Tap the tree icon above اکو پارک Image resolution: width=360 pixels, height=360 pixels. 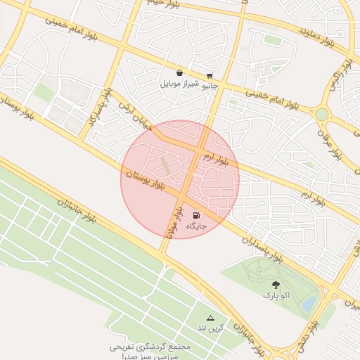(276, 285)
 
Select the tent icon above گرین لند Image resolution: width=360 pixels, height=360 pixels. (210, 319)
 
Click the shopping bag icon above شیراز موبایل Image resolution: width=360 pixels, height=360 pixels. (180, 73)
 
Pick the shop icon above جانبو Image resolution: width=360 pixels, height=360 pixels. (210, 76)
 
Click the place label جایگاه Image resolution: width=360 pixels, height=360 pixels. (196, 226)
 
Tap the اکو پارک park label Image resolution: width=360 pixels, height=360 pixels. (276, 296)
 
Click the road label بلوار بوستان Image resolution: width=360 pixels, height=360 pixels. (147, 179)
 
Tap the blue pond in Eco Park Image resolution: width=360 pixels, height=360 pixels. (309, 304)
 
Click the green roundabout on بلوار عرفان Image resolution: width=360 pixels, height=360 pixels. (321, 114)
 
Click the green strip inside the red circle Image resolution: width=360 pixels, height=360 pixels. (165, 167)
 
